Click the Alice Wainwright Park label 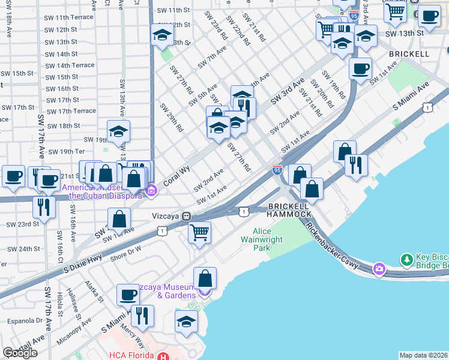[x=270, y=239]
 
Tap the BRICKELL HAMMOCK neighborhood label [x=289, y=209]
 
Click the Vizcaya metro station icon [x=187, y=216]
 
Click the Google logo [x=20, y=353]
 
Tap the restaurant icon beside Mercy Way [x=142, y=316]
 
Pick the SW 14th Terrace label [x=70, y=65]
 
